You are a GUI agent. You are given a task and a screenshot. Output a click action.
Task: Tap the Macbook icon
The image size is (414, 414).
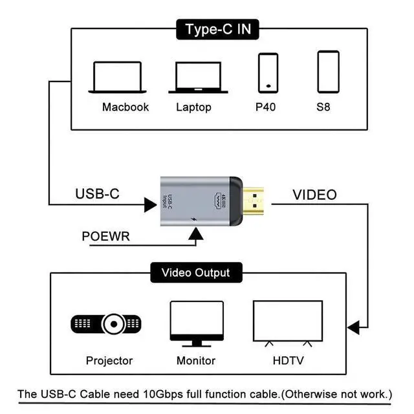pyautogui.click(x=116, y=77)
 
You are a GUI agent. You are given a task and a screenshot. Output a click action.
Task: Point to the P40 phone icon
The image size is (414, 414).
pyautogui.click(x=268, y=72)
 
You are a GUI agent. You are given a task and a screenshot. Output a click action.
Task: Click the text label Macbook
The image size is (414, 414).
pyautogui.click(x=125, y=107)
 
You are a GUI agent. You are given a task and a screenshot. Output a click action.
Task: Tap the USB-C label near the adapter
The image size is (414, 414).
pyautogui.click(x=97, y=194)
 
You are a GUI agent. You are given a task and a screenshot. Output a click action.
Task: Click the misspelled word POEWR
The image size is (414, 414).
pyautogui.click(x=105, y=236)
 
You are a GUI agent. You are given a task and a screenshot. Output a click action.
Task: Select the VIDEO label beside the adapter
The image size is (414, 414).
pyautogui.click(x=314, y=194)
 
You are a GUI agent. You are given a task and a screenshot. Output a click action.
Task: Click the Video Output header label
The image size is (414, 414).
pyautogui.click(x=195, y=272)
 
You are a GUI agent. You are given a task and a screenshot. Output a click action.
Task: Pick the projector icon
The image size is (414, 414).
pyautogui.click(x=106, y=323)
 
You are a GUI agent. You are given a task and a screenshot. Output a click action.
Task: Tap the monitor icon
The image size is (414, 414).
pyautogui.click(x=195, y=321)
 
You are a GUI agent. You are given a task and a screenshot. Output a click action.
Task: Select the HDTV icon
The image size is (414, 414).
pyautogui.click(x=287, y=321)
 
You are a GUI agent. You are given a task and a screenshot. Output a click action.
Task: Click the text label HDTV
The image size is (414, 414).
pyautogui.click(x=289, y=360)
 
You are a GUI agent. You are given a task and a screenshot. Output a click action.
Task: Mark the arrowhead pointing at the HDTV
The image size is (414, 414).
pyautogui.click(x=353, y=327)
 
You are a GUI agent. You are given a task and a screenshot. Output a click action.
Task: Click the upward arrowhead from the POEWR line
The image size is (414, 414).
pyautogui.click(x=193, y=239)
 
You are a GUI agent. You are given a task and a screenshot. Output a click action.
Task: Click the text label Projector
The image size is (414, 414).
pyautogui.click(x=109, y=360)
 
